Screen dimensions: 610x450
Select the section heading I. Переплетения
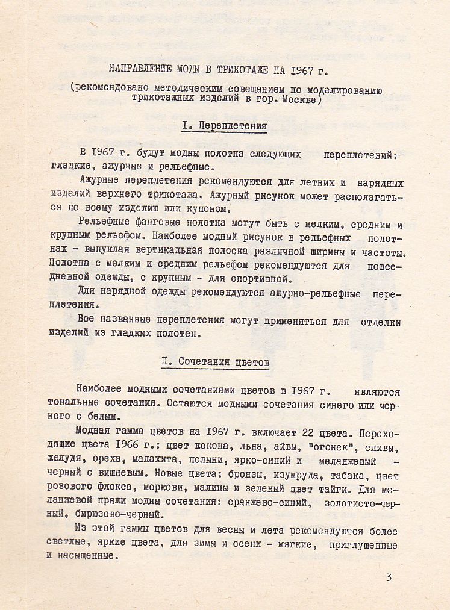pos(224,126)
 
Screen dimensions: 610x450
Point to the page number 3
pos(390,578)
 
